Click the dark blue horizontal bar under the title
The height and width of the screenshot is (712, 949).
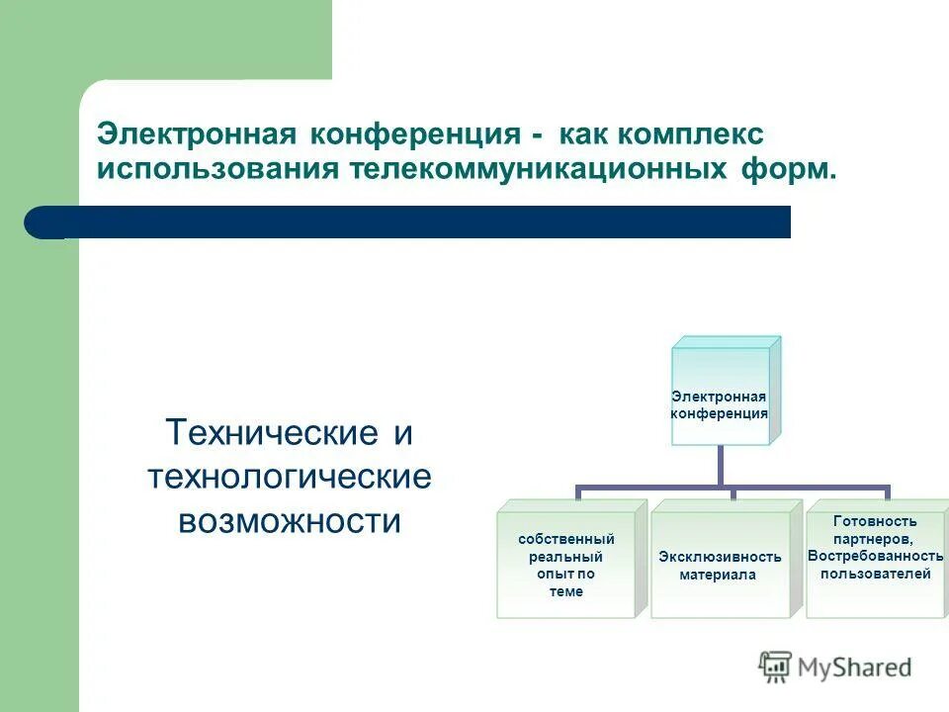coord(415,222)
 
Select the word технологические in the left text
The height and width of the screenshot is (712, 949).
coord(290,477)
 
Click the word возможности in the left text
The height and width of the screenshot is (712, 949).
coord(290,521)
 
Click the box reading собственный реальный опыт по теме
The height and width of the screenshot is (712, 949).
coord(566,565)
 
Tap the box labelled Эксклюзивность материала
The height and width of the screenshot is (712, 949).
coord(720,565)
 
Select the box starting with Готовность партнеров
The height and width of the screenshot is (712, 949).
coord(875,559)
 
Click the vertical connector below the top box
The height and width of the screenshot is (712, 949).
coord(720,465)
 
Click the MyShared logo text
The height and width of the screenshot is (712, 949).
coord(855,667)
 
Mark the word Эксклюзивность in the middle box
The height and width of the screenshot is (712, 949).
coord(720,557)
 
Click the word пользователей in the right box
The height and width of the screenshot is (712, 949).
coord(875,574)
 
